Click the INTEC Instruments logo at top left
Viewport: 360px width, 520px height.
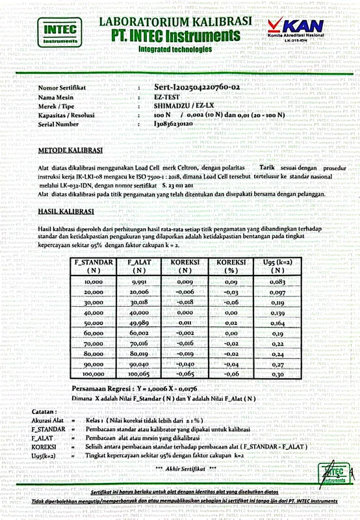tap(59, 32)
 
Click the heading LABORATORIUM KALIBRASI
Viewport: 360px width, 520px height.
tap(175, 21)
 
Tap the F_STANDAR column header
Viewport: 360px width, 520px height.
tap(94, 265)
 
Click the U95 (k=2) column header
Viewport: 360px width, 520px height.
tap(269, 265)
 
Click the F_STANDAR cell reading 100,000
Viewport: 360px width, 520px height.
tap(94, 374)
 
